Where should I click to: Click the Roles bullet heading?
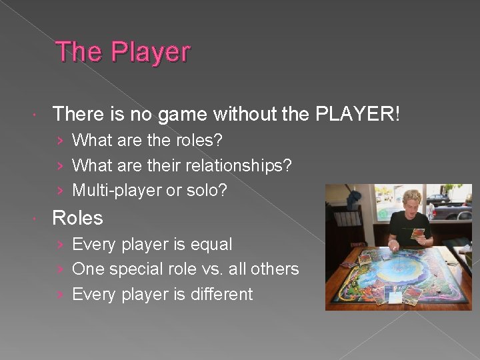tap(77, 218)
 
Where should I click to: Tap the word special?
tap(139, 269)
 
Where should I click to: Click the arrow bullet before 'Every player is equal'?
tap(61, 245)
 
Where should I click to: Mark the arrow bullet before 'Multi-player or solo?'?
tap(61, 191)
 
